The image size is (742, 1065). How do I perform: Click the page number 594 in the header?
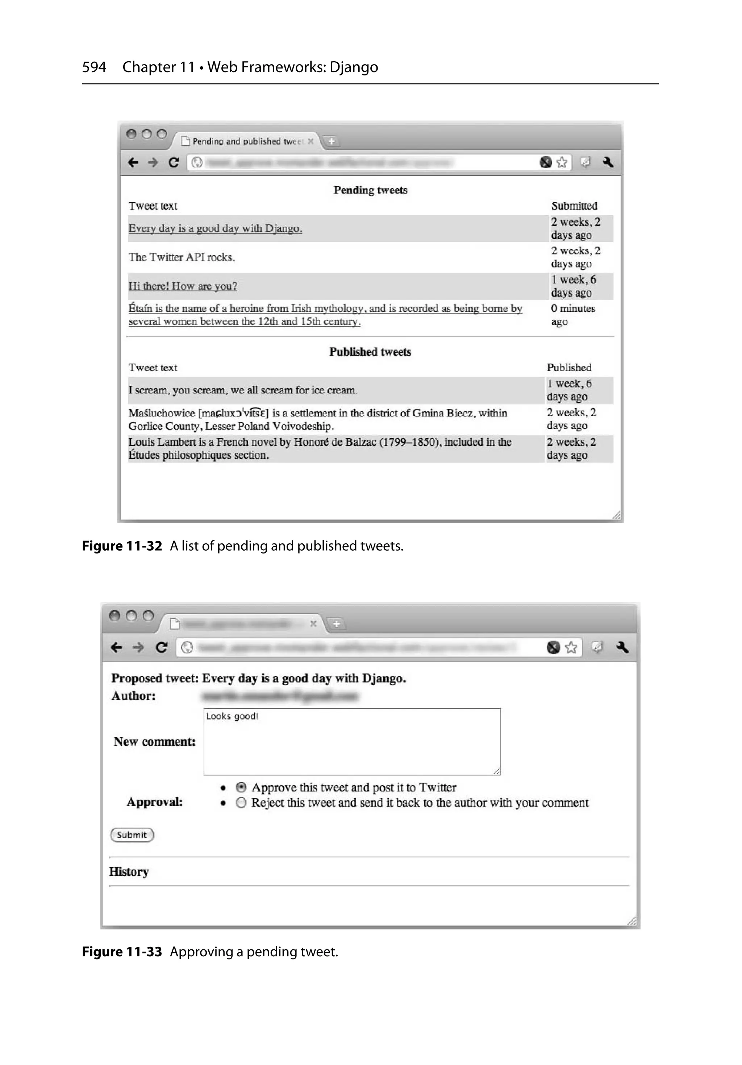tap(94, 67)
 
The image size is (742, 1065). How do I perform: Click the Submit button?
tap(132, 835)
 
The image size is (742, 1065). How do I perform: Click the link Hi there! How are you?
tap(183, 286)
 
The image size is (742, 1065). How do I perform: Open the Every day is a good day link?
tap(215, 228)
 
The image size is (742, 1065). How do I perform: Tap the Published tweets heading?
tap(370, 352)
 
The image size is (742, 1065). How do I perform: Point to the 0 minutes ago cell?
tap(573, 315)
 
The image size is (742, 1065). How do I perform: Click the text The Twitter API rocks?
tap(182, 257)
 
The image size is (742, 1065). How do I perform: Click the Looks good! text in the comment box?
tap(232, 716)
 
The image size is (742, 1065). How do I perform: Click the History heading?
tap(129, 871)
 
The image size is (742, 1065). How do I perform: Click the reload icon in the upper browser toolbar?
tap(174, 162)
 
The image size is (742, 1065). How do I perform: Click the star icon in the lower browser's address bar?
tap(571, 647)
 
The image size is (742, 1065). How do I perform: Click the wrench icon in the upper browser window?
tap(608, 162)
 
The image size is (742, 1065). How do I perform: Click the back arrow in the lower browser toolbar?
tap(116, 647)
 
